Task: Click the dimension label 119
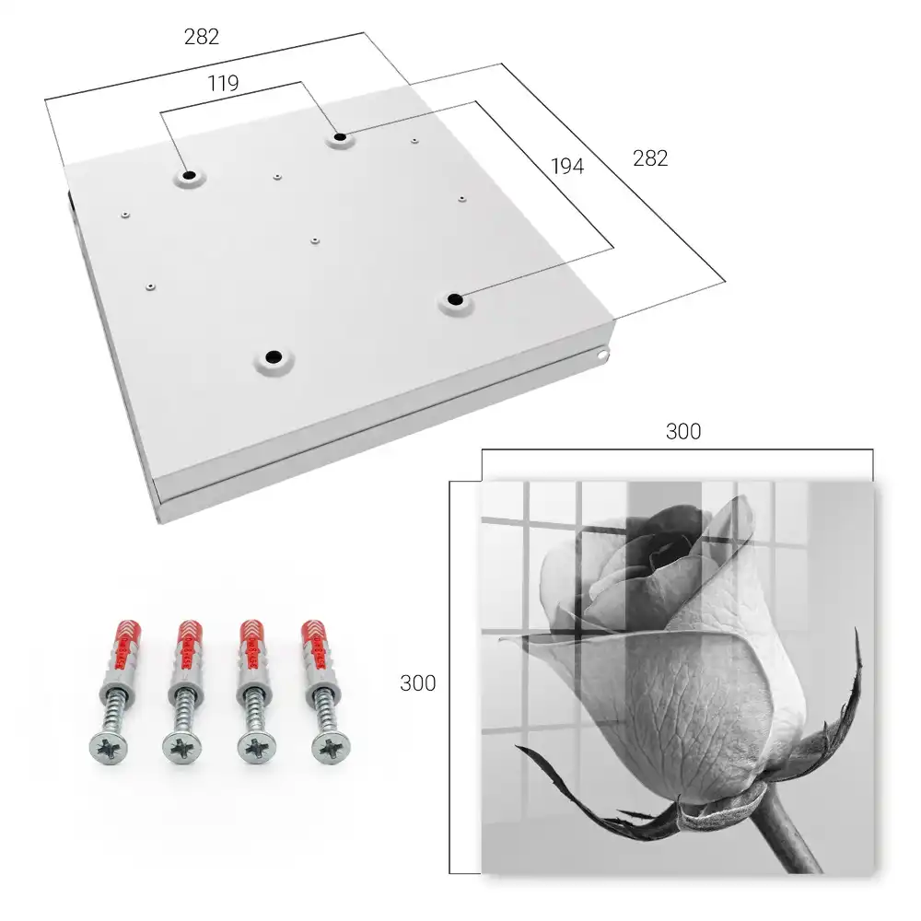[x=223, y=84]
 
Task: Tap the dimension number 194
[x=567, y=166]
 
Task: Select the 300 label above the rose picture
[x=683, y=431]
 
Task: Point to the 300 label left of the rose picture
[x=417, y=682]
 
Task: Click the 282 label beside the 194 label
[x=650, y=158]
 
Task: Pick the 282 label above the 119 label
[x=202, y=37]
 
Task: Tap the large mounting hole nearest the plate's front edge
[x=274, y=356]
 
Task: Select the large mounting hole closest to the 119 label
[x=189, y=175]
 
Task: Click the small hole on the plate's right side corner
[x=601, y=355]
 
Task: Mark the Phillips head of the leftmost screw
[x=109, y=748]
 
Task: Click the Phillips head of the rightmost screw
[x=332, y=748]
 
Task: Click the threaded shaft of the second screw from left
[x=184, y=712]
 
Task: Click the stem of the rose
[x=793, y=834]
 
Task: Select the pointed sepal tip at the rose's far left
[x=518, y=747]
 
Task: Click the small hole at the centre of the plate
[x=315, y=240]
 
